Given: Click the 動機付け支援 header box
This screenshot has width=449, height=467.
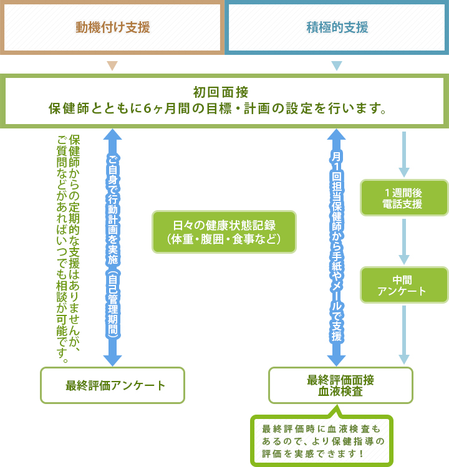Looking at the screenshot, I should tap(112, 27).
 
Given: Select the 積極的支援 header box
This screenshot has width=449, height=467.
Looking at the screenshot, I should tap(337, 27).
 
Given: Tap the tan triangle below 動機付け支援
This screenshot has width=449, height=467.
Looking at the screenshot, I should tap(112, 65).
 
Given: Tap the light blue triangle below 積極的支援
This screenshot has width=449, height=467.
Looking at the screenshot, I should tap(337, 65).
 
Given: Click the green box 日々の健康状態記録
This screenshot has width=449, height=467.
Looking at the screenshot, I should tap(224, 232).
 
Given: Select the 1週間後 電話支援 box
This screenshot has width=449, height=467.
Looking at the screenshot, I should tap(403, 198).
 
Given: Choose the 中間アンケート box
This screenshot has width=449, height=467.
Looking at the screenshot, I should tap(403, 285).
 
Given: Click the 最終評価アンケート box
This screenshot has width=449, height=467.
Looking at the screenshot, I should tap(113, 385).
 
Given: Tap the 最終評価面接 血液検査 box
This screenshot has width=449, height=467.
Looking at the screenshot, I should tap(340, 385).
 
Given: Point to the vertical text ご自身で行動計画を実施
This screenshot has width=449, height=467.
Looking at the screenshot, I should tap(112, 246).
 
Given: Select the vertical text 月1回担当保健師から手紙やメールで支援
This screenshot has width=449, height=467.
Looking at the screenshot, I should tap(336, 246).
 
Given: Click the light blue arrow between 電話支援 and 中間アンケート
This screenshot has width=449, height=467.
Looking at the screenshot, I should tap(404, 242).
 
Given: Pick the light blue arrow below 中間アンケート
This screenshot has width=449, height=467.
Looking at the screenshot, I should tap(404, 334).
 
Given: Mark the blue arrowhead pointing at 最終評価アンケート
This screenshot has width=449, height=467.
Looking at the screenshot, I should tap(112, 360).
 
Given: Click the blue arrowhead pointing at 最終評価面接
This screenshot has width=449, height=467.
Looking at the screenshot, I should tap(336, 360).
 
